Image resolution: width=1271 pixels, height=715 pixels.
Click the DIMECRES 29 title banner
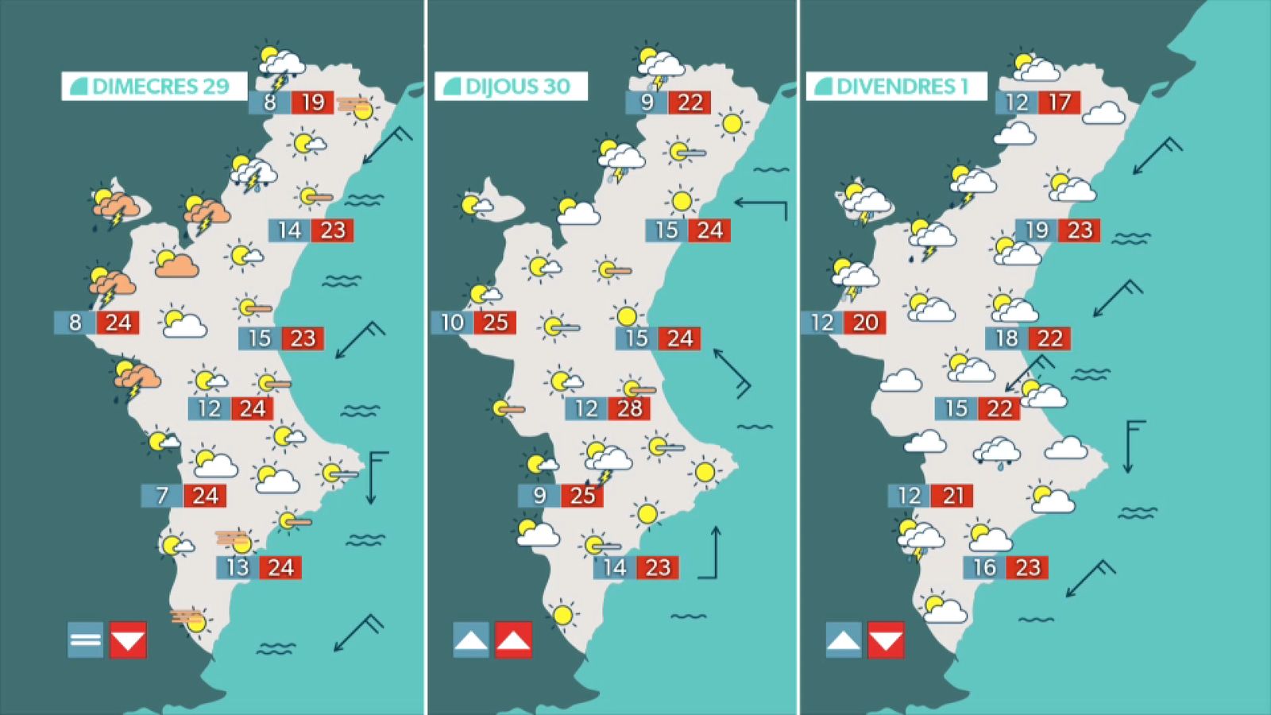154,86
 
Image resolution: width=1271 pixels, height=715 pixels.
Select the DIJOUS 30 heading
511,86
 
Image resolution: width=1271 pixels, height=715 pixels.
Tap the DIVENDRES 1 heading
896,86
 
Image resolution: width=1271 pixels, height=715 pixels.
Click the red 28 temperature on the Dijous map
629,408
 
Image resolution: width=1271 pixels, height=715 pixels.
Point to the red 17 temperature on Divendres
1059,102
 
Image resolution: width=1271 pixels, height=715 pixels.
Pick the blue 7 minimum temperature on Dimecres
162,496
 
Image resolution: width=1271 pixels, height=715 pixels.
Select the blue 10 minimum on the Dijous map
452,323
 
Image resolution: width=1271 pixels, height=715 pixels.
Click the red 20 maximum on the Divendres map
865,323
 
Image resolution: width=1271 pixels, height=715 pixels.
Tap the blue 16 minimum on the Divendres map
984,567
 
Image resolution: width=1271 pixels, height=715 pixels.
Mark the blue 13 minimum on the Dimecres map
238,567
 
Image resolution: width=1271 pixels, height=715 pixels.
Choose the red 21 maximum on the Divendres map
952,496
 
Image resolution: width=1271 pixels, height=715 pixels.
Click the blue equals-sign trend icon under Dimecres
85,640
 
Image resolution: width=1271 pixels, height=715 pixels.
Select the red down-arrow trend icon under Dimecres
128,640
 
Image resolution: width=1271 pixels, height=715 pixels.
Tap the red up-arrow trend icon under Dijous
513,640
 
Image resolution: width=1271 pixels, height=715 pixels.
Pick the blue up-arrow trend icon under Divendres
844,640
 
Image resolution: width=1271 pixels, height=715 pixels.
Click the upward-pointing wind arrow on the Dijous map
714,552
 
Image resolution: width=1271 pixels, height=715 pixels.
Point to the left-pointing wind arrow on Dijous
760,206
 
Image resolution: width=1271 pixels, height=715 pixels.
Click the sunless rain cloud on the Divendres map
997,453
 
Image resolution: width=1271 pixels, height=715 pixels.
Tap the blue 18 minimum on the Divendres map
1006,338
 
